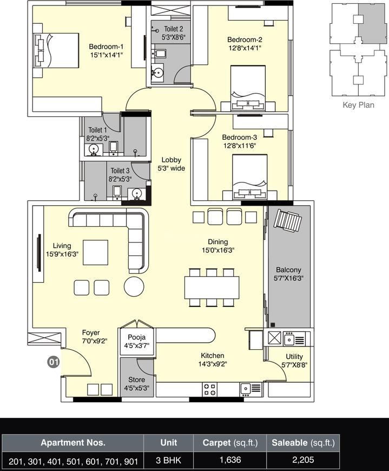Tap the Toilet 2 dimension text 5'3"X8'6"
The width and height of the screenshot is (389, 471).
point(170,37)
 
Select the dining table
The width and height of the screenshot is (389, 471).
point(212,286)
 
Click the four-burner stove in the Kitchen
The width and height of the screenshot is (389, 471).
point(210,388)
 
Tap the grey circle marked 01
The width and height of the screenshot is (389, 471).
point(53,362)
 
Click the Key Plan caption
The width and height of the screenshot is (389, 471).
point(358,106)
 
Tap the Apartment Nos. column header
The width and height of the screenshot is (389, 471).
point(72,443)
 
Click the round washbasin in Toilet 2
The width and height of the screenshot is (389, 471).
point(158,71)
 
